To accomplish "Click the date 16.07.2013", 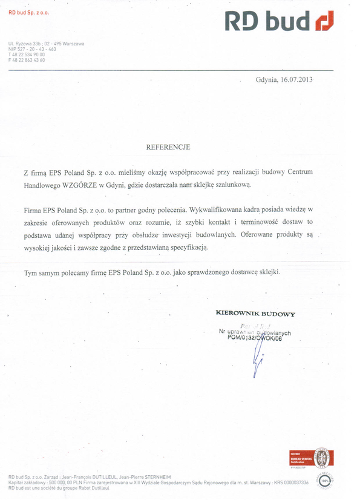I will (x=293, y=80).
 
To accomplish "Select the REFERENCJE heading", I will (x=168, y=147).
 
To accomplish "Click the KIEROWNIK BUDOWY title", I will (x=255, y=314).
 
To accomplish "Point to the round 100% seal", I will (x=326, y=481).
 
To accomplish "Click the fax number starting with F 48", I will (x=27, y=60).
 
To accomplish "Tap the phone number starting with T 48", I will (x=27, y=54).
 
